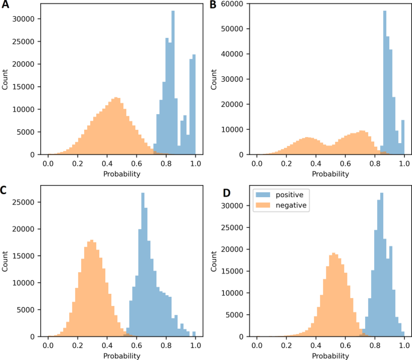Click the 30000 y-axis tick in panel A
click(25, 19)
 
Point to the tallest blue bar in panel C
click(143, 264)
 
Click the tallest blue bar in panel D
click(381, 264)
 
